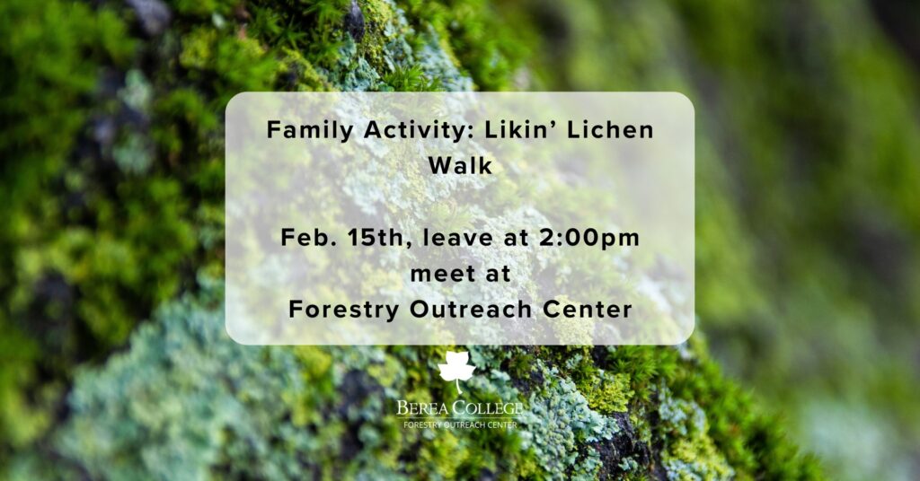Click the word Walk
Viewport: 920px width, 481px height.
click(460, 165)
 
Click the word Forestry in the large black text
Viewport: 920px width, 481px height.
click(344, 310)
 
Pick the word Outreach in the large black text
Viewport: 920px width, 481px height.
click(471, 310)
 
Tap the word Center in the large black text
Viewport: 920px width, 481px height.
click(588, 310)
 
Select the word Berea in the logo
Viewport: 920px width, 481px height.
click(422, 407)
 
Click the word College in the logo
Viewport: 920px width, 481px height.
click(486, 407)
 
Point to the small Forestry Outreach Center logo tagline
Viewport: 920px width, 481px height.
click(460, 424)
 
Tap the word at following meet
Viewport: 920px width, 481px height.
click(498, 275)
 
